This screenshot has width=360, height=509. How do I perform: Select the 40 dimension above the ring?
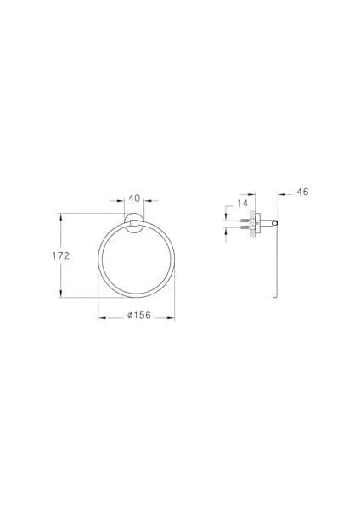pos(134,198)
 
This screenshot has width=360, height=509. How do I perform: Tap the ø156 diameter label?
pos(137,316)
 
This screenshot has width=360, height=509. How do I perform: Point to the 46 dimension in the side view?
pos(303,193)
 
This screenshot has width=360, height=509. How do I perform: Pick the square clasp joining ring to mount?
pos(133,224)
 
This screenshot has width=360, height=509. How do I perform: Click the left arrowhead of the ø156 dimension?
pos(101,317)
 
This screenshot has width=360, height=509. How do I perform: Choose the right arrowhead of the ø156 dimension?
pos(172,317)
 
